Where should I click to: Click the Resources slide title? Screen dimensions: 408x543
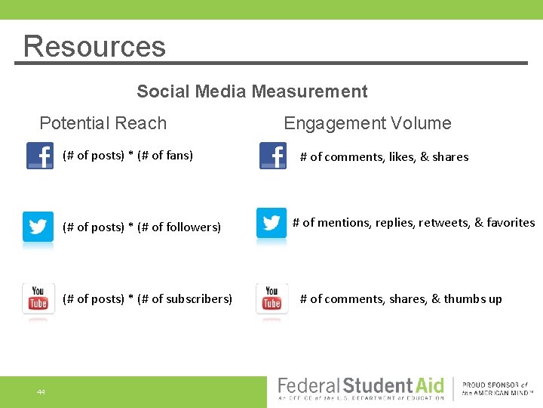(94, 46)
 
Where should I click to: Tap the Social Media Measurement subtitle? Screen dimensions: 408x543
(252, 91)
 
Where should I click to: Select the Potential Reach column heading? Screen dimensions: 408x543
(103, 123)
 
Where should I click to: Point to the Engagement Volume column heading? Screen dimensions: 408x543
(367, 123)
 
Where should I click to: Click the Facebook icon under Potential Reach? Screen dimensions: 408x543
(39, 156)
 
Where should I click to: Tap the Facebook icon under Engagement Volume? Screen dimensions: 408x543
(272, 156)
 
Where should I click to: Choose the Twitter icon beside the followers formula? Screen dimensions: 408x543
(38, 227)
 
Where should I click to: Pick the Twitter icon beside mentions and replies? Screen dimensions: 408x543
(271, 223)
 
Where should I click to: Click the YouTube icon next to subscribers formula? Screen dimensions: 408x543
(38, 299)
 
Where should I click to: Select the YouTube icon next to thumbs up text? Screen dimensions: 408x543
(271, 299)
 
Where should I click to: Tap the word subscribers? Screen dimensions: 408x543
(197, 299)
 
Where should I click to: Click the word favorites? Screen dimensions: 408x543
(511, 223)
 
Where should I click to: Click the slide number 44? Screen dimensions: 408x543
(41, 392)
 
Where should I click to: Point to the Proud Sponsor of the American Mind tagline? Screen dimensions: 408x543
(495, 388)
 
